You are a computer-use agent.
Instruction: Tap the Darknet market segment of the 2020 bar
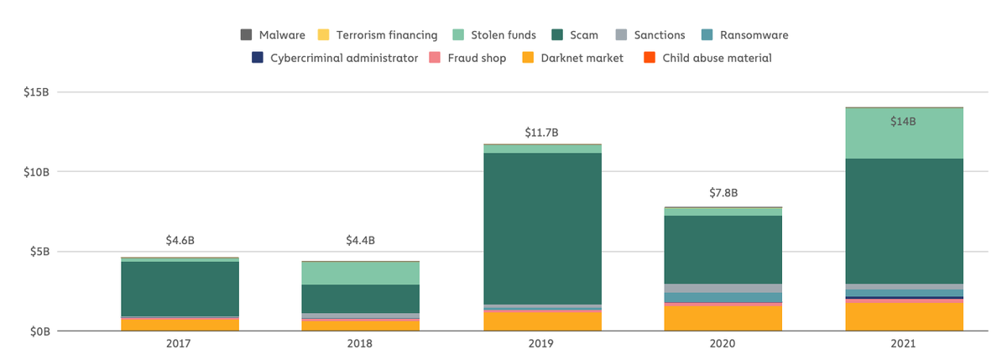(x=723, y=318)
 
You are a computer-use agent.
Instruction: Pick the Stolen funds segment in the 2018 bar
(x=360, y=274)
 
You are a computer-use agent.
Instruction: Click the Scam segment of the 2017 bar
(x=180, y=289)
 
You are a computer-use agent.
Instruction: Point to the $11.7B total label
(x=541, y=133)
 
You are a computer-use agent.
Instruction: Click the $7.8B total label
(x=723, y=193)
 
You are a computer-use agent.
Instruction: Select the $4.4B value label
(x=360, y=241)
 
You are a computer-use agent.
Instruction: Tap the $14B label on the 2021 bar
(x=903, y=122)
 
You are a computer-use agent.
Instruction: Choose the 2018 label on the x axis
(x=360, y=344)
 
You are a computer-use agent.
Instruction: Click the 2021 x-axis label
(x=904, y=344)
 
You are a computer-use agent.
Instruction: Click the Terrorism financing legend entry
(x=378, y=35)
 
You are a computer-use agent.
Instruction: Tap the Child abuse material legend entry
(x=707, y=58)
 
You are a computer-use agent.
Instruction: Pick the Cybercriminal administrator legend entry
(x=336, y=58)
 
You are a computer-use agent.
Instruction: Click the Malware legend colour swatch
(x=247, y=35)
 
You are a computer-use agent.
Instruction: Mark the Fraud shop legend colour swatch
(x=435, y=58)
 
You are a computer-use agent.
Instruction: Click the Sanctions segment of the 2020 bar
(x=723, y=288)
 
